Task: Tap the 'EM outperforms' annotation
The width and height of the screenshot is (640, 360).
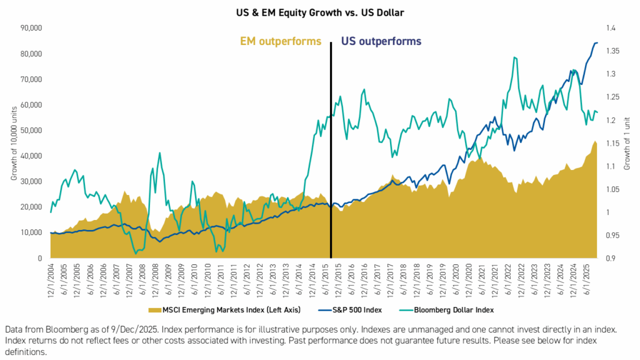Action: pos(281,42)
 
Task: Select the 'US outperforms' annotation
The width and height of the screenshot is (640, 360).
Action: pos(381,42)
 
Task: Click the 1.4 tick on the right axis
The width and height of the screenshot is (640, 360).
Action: pos(611,28)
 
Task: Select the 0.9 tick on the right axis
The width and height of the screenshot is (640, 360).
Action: pos(611,258)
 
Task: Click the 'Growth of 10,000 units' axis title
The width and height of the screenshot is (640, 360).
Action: pos(14,143)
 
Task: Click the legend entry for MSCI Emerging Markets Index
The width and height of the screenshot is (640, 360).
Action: pos(221,309)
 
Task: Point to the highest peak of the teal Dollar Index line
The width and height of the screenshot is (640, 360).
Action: pos(514,57)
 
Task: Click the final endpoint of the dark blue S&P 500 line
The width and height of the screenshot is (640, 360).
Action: pos(597,42)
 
